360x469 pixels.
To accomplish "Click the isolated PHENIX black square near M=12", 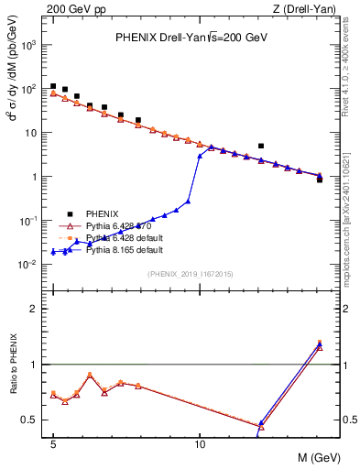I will click(x=261, y=146).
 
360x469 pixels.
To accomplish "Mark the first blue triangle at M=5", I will click(x=53, y=251).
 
